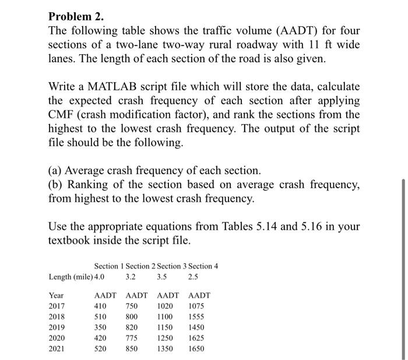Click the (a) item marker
click(56, 171)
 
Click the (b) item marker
click(57, 185)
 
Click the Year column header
click(57, 295)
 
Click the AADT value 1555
click(197, 317)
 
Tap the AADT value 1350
click(166, 349)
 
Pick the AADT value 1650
click(197, 349)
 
